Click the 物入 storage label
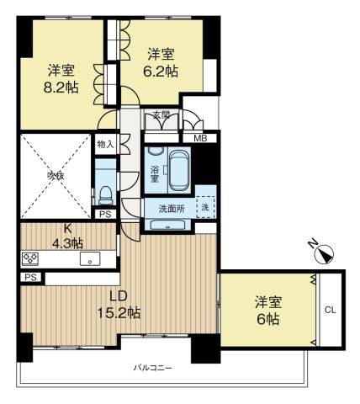click(104, 145)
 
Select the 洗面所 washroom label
click(167, 208)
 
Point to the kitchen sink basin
click(87, 259)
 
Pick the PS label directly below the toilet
click(104, 215)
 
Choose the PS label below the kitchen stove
click(29, 277)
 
